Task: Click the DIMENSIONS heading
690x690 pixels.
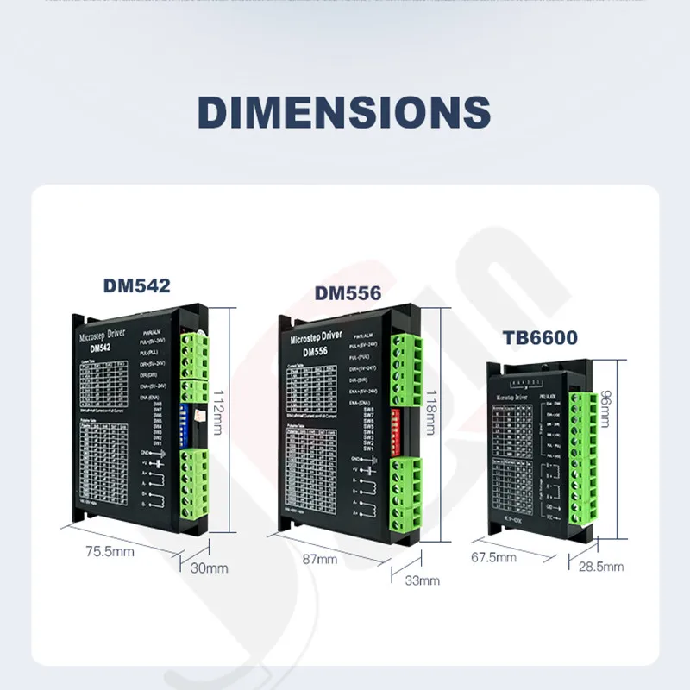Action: pyautogui.click(x=344, y=113)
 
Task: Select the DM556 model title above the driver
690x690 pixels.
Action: pyautogui.click(x=348, y=295)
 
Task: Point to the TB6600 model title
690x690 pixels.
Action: pyautogui.click(x=547, y=339)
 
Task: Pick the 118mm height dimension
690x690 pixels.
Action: pyautogui.click(x=432, y=411)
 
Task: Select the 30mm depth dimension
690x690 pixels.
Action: pyautogui.click(x=210, y=568)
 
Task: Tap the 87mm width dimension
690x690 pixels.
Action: pyautogui.click(x=320, y=559)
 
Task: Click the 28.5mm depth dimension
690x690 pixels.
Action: pyautogui.click(x=600, y=567)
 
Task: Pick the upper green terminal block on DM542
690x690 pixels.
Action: pyautogui.click(x=194, y=362)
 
